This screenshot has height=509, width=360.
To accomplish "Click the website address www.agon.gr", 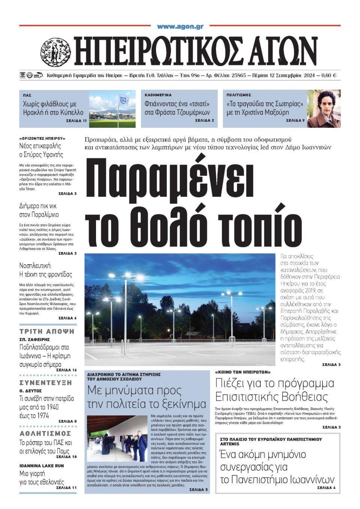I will pos(180,26).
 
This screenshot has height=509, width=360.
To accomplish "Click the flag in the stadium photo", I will pos(123,99).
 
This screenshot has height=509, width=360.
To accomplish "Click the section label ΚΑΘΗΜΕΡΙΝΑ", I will pos(158,95).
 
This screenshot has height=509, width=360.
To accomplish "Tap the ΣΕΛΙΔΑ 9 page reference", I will pos(295,121).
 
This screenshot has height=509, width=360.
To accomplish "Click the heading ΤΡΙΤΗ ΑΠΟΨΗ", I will pos(47,332).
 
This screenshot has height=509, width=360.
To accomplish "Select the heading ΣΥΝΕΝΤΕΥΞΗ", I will pos(46,383).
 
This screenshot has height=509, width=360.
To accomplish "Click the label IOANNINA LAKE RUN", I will pos(42,466).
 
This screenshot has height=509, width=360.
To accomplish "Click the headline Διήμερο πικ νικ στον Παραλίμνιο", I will pos(39,210).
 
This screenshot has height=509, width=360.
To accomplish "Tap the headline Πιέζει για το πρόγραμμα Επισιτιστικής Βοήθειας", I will pos(274,390).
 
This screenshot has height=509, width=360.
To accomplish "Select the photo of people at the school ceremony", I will pos(117,438).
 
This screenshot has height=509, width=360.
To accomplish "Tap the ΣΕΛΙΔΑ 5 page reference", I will pos(199,490).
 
